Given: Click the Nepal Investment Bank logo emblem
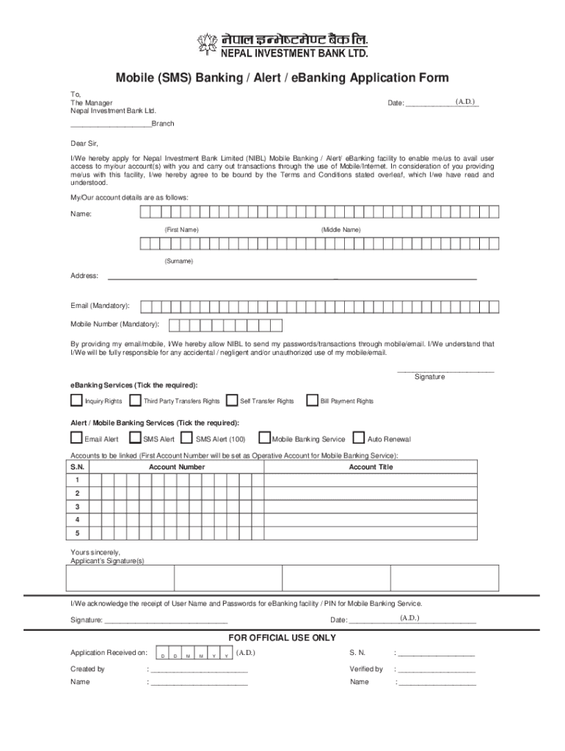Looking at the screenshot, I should click(208, 44).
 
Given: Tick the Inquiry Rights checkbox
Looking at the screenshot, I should click(76, 400).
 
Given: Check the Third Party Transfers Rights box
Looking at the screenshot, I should click(136, 400).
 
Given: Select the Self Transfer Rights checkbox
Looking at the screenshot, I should click(232, 400).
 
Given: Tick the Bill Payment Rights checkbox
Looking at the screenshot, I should click(313, 400).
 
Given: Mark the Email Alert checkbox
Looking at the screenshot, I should click(76, 438).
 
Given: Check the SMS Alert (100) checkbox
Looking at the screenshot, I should click(188, 438).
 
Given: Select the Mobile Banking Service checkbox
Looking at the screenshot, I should click(265, 438).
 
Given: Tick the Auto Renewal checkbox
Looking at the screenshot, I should click(359, 438).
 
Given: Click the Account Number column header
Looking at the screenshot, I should click(177, 466).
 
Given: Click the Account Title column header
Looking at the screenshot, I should click(371, 466).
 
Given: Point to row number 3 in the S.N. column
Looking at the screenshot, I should click(77, 506).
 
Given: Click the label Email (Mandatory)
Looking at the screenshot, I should click(101, 305).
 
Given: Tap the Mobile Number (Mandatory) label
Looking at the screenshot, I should click(114, 323).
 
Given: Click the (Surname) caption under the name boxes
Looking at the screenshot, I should click(179, 261).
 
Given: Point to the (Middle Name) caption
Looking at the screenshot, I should click(340, 230).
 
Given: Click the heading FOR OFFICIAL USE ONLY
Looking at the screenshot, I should click(282, 637).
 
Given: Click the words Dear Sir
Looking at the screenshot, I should click(84, 144).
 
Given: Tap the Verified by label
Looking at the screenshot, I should click(366, 669).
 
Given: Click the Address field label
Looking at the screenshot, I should click(84, 275).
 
